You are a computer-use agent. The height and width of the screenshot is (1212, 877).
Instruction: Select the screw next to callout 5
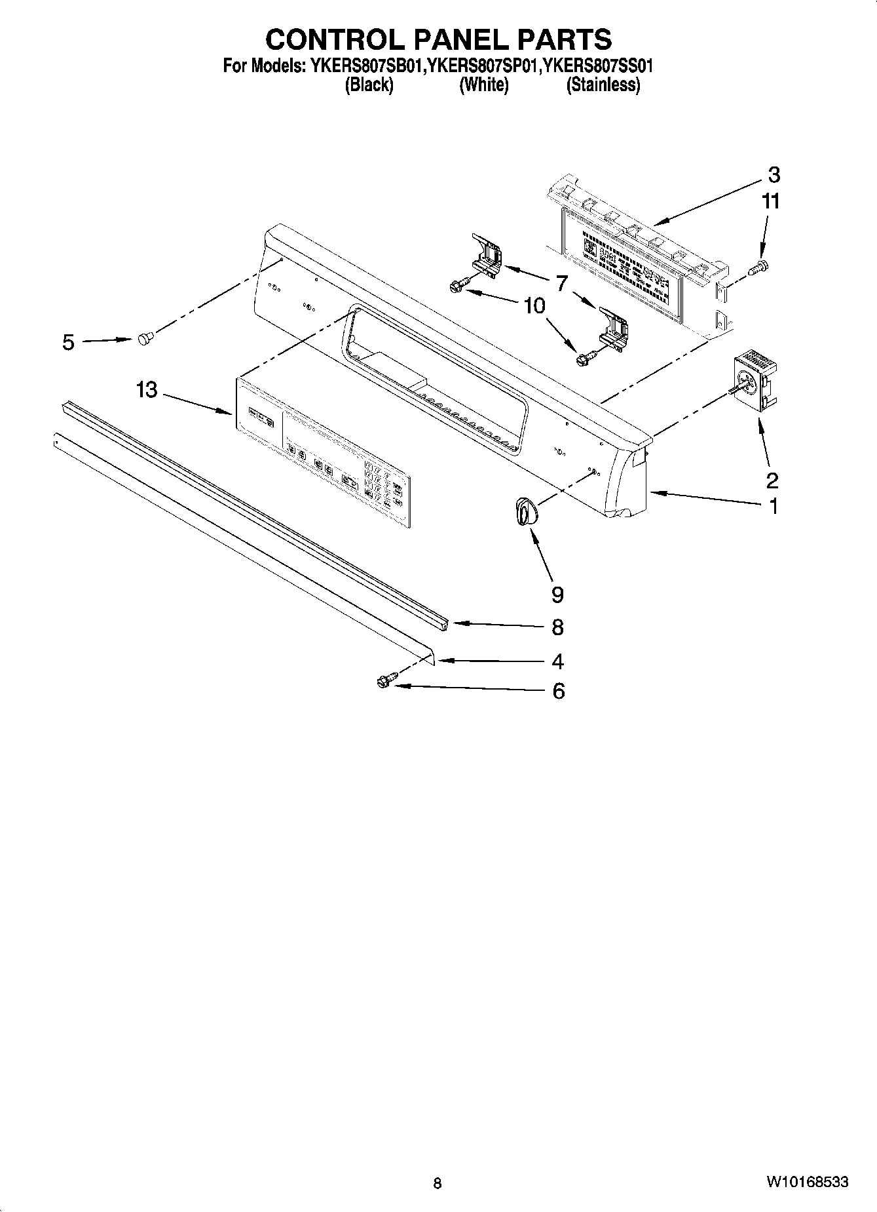[x=145, y=338]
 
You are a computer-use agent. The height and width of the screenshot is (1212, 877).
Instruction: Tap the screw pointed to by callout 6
[x=384, y=682]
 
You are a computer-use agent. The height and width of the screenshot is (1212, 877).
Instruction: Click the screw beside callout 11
[x=760, y=266]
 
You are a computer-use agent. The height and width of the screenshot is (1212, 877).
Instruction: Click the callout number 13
[x=147, y=390]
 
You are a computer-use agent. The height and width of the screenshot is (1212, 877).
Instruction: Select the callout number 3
[x=773, y=175]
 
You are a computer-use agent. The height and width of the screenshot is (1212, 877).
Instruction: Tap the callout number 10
[x=534, y=305]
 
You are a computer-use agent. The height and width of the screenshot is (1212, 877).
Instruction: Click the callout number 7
[x=561, y=284]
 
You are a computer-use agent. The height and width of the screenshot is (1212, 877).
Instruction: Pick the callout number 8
[x=557, y=627]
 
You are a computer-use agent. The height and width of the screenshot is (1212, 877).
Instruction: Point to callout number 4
[x=557, y=661]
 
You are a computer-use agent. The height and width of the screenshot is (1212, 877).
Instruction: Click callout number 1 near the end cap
[x=773, y=506]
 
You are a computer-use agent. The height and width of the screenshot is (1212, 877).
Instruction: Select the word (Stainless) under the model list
[x=603, y=85]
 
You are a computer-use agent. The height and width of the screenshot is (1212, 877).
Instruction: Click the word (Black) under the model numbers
[x=369, y=85]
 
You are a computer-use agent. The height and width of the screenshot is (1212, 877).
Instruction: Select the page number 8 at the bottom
[x=438, y=1183]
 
